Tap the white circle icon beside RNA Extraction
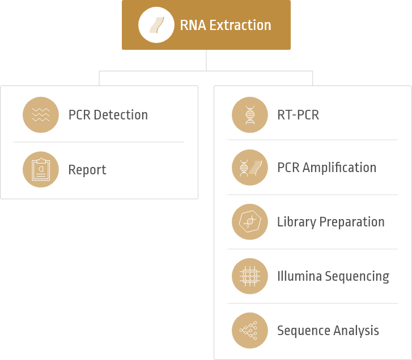point(156,25)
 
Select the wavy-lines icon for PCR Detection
point(41,115)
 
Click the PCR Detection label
point(108,115)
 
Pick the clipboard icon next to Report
point(41,169)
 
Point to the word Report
point(87,170)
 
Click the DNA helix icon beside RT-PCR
point(250,115)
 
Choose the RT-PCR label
point(298,115)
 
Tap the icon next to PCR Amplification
point(250,168)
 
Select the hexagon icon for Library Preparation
point(250,222)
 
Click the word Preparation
point(353,222)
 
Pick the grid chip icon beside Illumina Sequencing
point(250,276)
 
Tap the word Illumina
point(298,276)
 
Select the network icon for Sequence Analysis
point(250,331)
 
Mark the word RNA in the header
point(191,25)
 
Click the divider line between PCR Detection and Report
point(99,142)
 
